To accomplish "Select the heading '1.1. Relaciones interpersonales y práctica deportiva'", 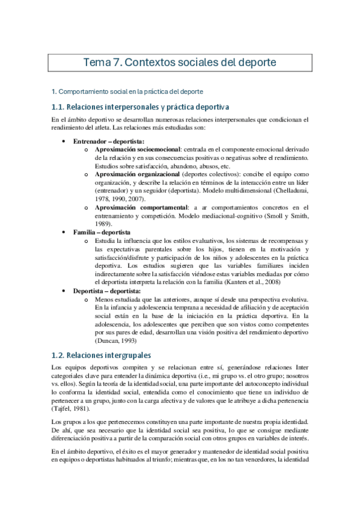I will (x=141, y=107).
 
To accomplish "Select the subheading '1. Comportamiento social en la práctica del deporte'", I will (x=128, y=91).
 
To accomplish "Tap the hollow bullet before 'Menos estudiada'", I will (x=87, y=300).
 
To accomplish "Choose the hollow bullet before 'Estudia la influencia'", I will (x=87, y=241).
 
